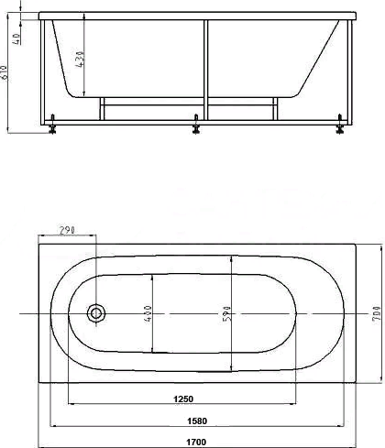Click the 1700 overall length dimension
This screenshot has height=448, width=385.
tap(196, 442)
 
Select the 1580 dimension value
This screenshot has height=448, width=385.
tap(197, 421)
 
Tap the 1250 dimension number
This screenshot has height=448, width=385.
tap(183, 399)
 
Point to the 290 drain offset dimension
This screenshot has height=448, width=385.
tap(67, 230)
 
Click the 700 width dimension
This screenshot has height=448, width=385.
tap(378, 313)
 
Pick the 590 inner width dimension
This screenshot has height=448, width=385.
tap(226, 313)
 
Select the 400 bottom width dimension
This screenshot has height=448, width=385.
tap(148, 313)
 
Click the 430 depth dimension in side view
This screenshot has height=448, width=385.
tap(80, 60)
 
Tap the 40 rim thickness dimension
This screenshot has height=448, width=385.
tap(16, 38)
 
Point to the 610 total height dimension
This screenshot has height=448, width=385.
tap(4, 72)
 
